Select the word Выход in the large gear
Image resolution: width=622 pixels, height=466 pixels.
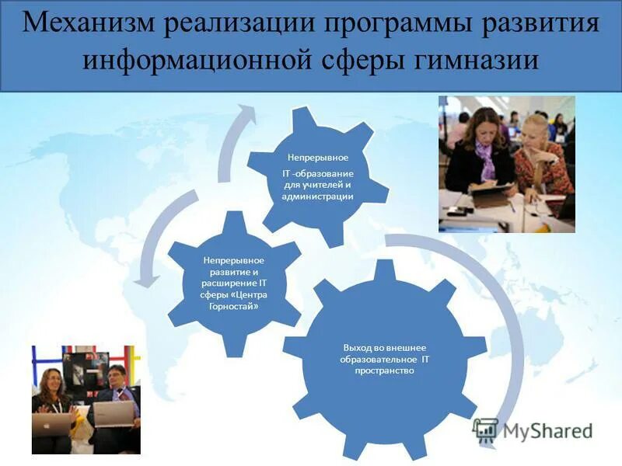(355, 347)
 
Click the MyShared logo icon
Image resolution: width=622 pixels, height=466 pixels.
(485, 430)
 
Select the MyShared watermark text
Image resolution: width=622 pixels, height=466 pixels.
(547, 430)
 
